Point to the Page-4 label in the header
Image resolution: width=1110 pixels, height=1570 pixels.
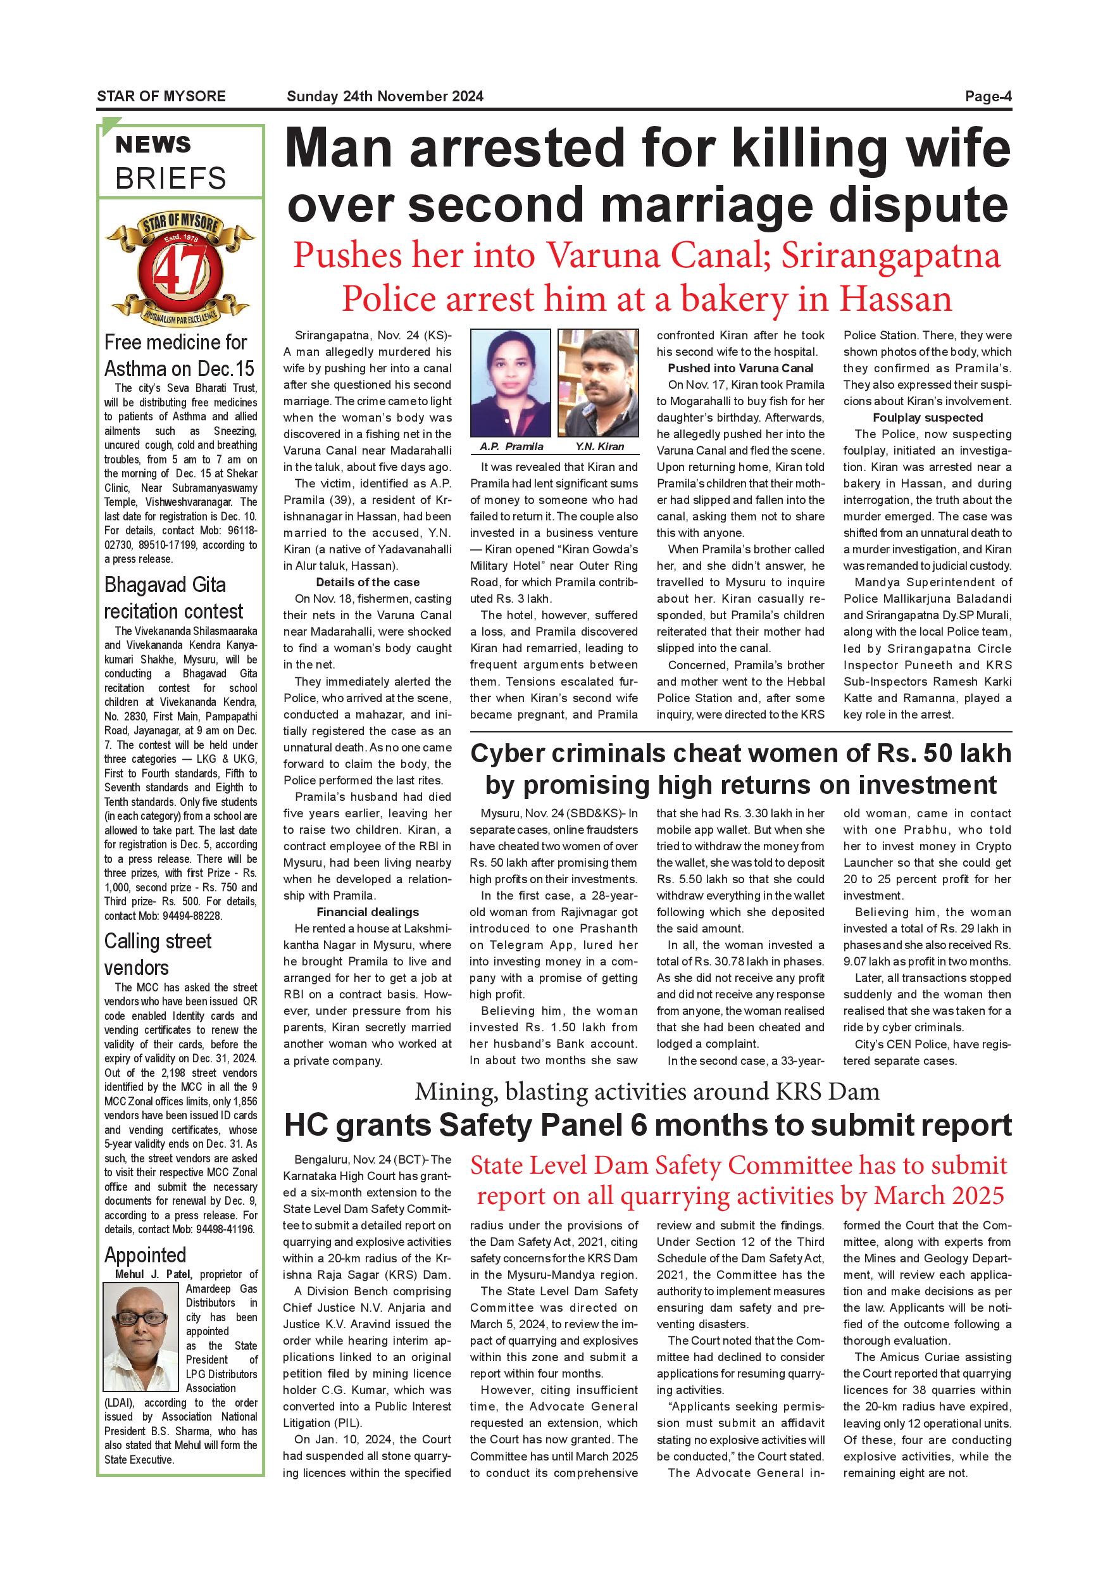coord(988,96)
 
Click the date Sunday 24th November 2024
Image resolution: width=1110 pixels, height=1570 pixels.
coord(385,96)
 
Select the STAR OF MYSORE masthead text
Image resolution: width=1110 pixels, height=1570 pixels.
coord(161,96)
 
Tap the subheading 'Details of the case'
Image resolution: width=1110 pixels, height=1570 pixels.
coord(368,582)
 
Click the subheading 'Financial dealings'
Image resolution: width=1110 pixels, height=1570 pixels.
coord(368,912)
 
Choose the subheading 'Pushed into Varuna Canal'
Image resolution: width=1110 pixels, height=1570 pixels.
coord(741,368)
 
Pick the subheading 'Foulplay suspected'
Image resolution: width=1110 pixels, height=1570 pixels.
coord(928,418)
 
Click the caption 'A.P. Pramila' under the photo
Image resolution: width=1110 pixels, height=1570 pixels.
coord(511,446)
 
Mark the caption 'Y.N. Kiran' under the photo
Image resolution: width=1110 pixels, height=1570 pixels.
coord(599,446)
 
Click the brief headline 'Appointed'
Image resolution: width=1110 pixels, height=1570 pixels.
coord(146,1255)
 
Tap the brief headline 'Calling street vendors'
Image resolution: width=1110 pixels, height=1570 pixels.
coord(158,955)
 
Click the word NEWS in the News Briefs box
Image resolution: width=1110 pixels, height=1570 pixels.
coord(153,145)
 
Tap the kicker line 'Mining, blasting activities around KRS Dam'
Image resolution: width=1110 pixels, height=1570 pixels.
coord(647,1091)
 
